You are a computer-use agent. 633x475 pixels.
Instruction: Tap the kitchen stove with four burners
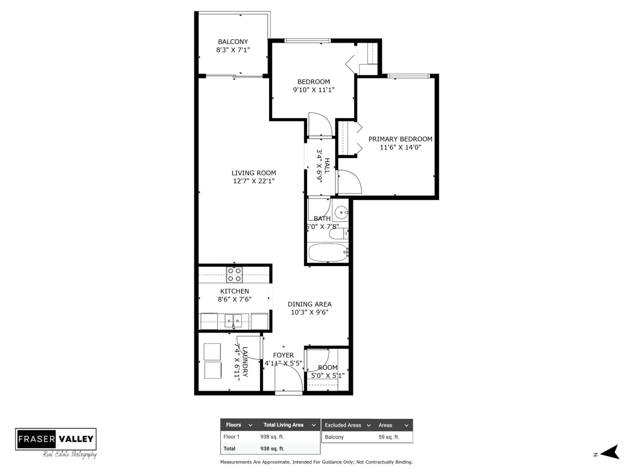(x=234, y=275)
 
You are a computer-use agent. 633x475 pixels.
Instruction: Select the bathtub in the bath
(x=328, y=253)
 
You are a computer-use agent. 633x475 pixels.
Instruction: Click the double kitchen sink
(x=233, y=321)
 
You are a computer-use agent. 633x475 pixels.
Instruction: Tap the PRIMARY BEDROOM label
(x=400, y=139)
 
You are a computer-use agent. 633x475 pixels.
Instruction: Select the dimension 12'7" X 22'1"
(x=254, y=181)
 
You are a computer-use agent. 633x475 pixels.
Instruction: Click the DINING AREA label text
(x=309, y=304)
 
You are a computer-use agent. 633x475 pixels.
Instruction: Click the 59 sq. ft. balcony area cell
(x=389, y=437)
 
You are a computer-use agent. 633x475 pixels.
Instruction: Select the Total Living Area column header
(x=283, y=425)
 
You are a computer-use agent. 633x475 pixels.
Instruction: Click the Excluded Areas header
(x=343, y=425)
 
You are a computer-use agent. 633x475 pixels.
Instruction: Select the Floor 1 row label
(x=231, y=437)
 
